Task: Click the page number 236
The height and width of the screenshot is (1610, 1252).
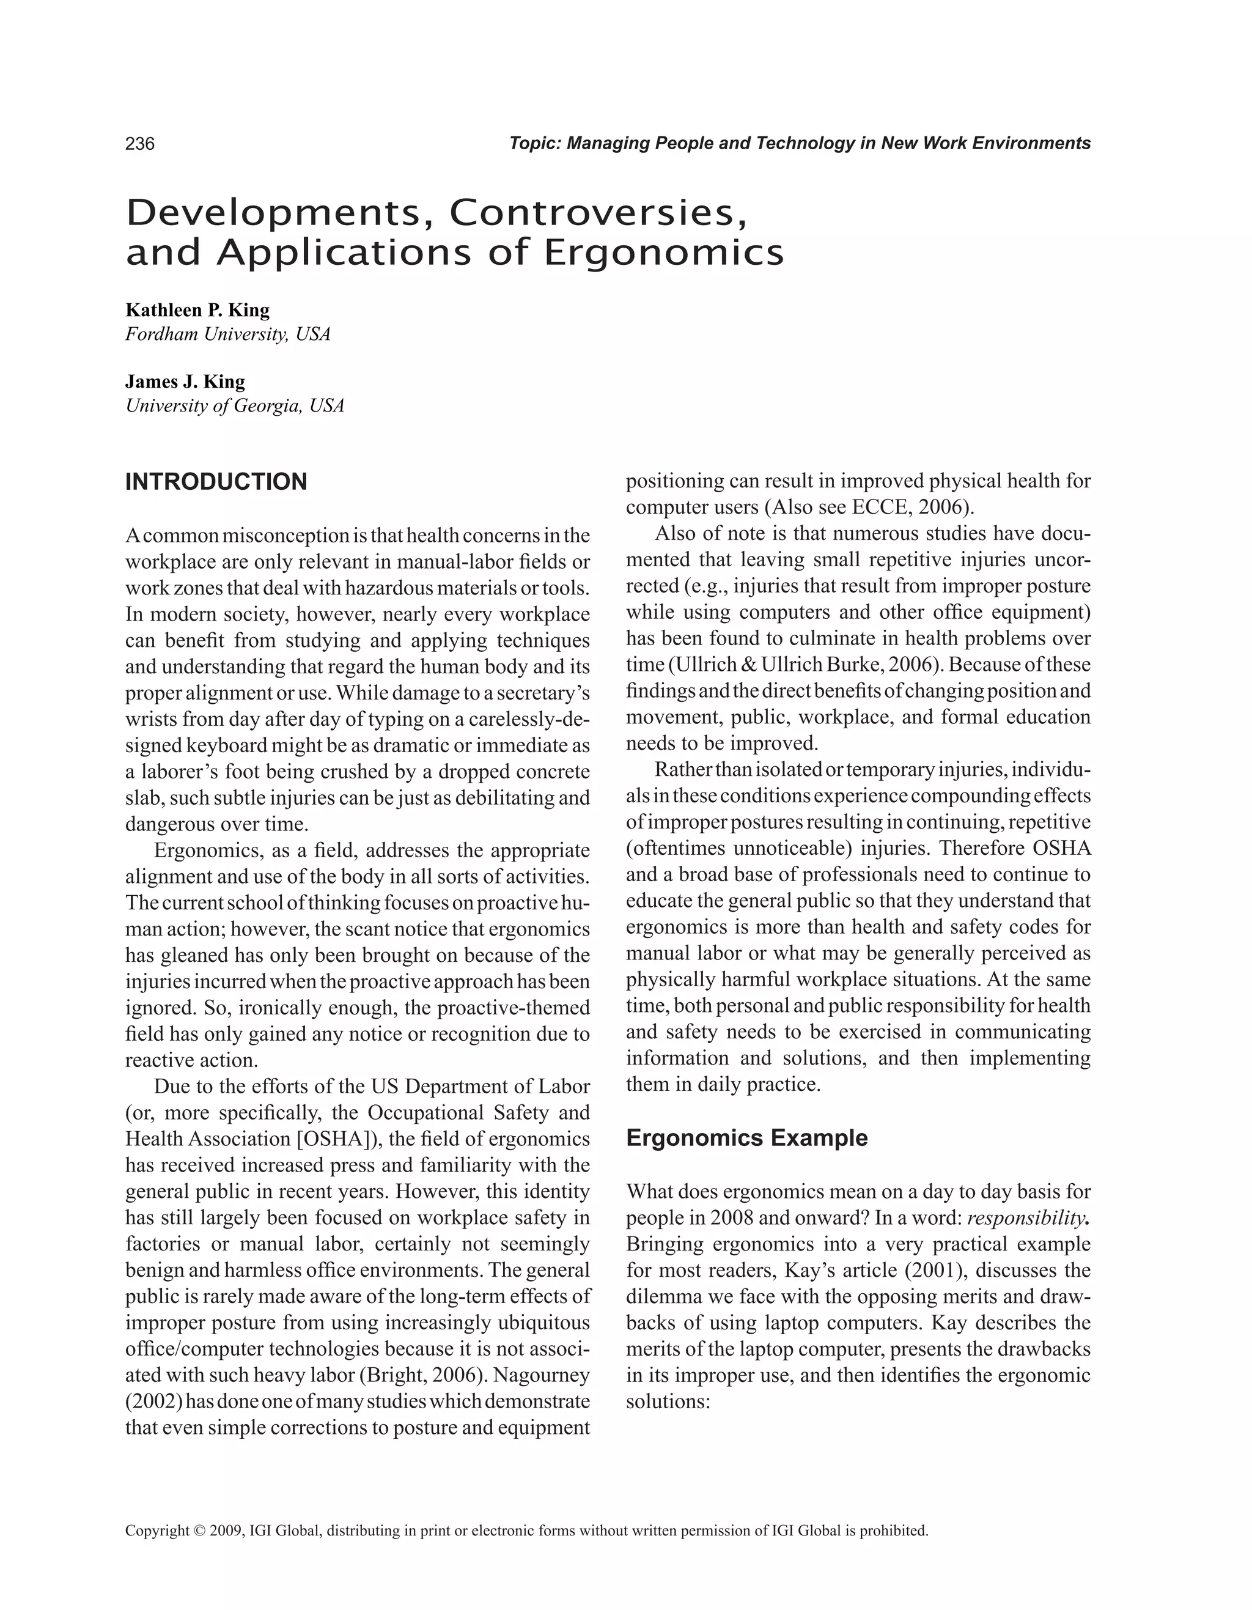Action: pos(140,144)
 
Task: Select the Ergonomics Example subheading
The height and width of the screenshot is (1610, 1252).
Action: pos(746,1137)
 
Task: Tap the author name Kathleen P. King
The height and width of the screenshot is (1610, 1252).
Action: pos(197,309)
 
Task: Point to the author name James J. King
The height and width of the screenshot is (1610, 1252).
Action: pos(185,382)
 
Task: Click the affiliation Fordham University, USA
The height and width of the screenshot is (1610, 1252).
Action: pos(227,334)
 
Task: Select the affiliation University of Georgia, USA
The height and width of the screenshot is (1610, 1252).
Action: pos(234,406)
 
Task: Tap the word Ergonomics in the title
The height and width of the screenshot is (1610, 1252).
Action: pos(663,253)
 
